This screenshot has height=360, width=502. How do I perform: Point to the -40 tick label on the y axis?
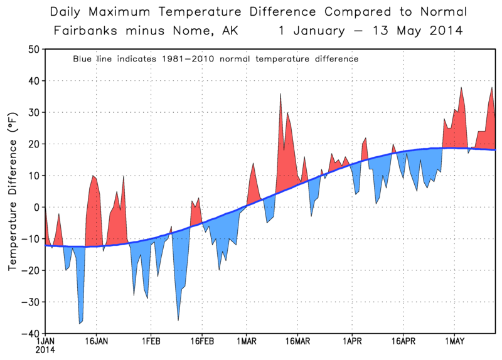point(31,333)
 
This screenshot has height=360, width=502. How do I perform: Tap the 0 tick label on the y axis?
point(37,207)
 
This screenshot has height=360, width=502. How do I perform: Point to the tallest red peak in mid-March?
point(280,94)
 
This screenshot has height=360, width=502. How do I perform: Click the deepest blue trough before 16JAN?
point(80,323)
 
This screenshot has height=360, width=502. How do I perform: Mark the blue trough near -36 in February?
point(178,320)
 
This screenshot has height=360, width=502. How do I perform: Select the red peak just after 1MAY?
point(462,88)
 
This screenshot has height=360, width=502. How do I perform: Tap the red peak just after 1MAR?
point(254,164)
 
